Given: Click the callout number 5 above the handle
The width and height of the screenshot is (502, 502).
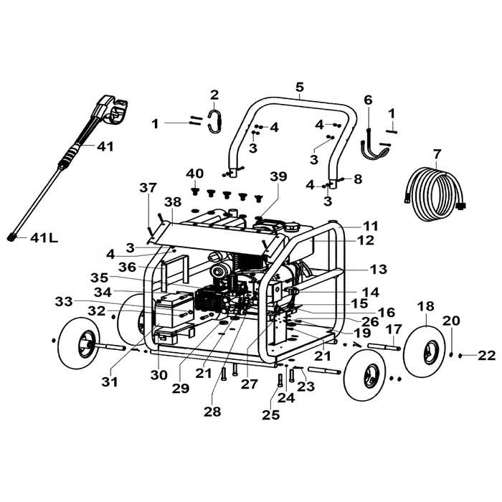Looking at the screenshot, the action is [x=300, y=87].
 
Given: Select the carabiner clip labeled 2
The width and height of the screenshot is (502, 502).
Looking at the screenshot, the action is [x=215, y=121].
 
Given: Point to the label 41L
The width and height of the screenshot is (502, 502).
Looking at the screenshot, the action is [x=44, y=238].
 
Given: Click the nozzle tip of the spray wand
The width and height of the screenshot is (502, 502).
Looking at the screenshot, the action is [x=12, y=237].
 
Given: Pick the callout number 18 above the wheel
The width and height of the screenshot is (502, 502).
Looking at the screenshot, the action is [x=426, y=306].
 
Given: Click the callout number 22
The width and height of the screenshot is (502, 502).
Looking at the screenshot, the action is [x=486, y=356].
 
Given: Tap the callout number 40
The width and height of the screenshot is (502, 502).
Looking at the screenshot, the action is [x=195, y=174].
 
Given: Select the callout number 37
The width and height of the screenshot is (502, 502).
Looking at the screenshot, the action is [x=148, y=188].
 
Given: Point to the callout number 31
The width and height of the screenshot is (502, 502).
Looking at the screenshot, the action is [x=110, y=382].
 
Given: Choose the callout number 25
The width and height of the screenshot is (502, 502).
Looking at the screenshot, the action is [x=271, y=415].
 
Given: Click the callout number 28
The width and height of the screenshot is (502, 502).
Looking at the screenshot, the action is [x=212, y=412].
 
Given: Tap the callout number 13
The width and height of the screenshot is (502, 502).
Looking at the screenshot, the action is [x=379, y=269].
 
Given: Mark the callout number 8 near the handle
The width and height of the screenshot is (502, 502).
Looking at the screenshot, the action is [x=358, y=179].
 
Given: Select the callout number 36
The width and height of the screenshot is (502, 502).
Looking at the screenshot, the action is [x=127, y=267].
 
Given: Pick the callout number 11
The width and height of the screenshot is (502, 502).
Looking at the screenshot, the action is [x=371, y=227].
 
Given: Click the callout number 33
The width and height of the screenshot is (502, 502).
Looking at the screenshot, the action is [x=64, y=301].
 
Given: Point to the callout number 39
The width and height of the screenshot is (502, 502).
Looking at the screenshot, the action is [x=278, y=176].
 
